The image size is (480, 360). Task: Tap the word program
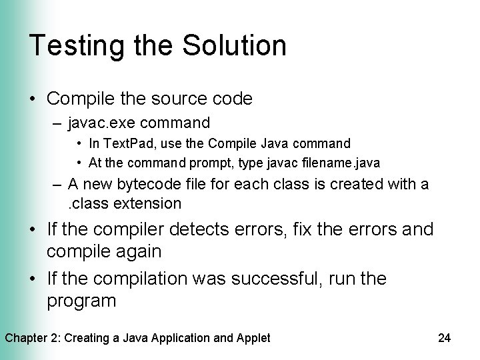pyautogui.click(x=81, y=300)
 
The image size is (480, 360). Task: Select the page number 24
pyautogui.click(x=445, y=338)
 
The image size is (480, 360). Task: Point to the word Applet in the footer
pyautogui.click(x=253, y=338)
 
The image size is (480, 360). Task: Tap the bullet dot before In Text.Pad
pyautogui.click(x=79, y=143)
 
